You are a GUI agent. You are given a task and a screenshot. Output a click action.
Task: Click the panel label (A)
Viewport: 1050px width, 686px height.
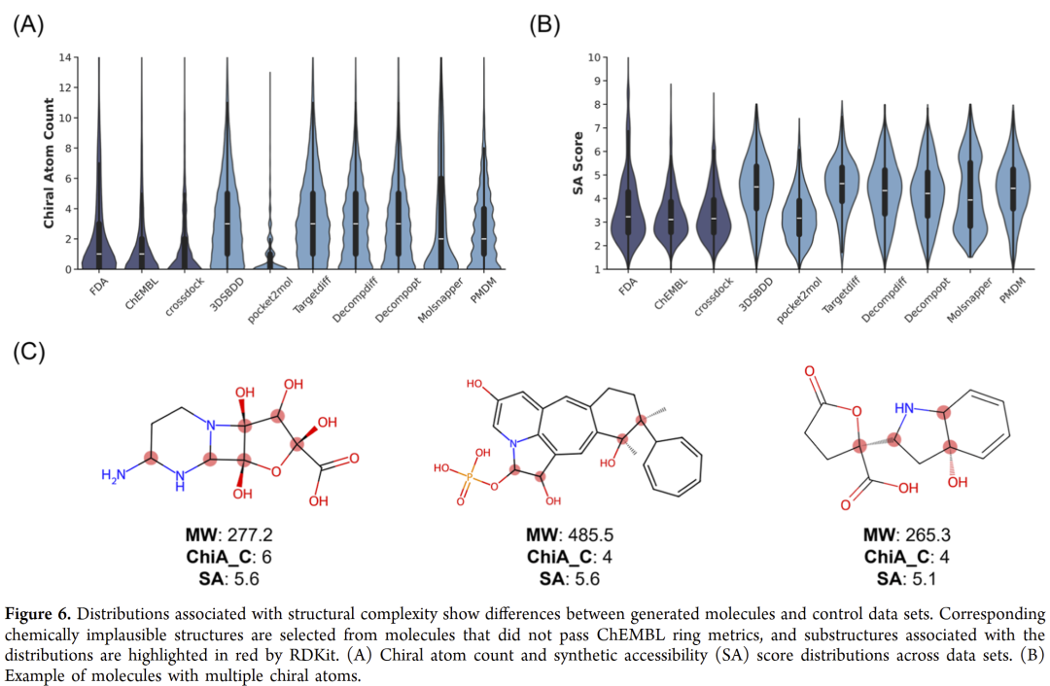[28, 26]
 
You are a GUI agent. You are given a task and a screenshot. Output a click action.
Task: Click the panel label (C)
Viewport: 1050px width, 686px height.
[28, 351]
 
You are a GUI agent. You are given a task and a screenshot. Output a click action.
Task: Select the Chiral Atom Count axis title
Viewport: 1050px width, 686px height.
[48, 162]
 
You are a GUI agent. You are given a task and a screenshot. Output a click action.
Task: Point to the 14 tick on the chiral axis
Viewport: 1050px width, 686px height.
[64, 57]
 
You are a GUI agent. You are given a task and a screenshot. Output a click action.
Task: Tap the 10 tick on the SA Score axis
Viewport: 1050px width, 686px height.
[592, 57]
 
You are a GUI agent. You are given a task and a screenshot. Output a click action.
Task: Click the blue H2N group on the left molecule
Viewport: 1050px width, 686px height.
[114, 474]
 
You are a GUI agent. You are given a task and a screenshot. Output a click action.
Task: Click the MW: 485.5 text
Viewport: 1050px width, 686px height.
[569, 535]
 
